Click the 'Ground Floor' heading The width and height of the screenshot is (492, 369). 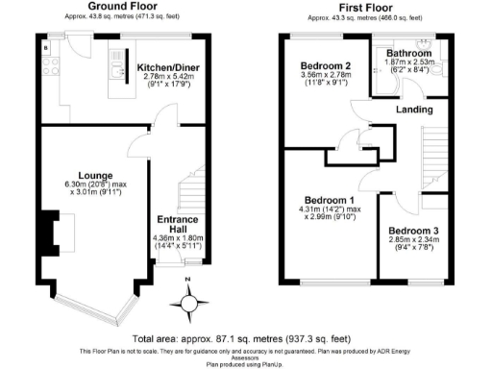[x=122, y=6]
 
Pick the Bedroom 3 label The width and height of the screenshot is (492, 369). [x=413, y=232]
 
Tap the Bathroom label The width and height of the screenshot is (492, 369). [x=409, y=53]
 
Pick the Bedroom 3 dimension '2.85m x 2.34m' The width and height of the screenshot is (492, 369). [x=413, y=242]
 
